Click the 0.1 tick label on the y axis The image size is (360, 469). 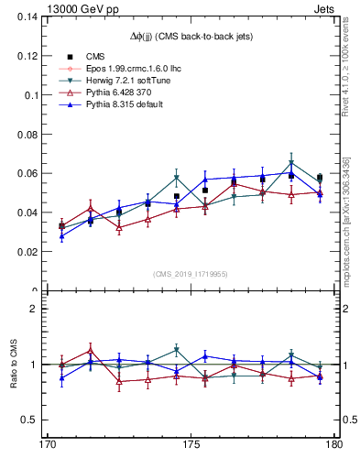(37, 95)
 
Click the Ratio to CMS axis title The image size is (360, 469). (14, 365)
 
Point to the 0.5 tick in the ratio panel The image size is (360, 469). (36, 420)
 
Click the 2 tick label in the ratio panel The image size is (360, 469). (40, 309)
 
